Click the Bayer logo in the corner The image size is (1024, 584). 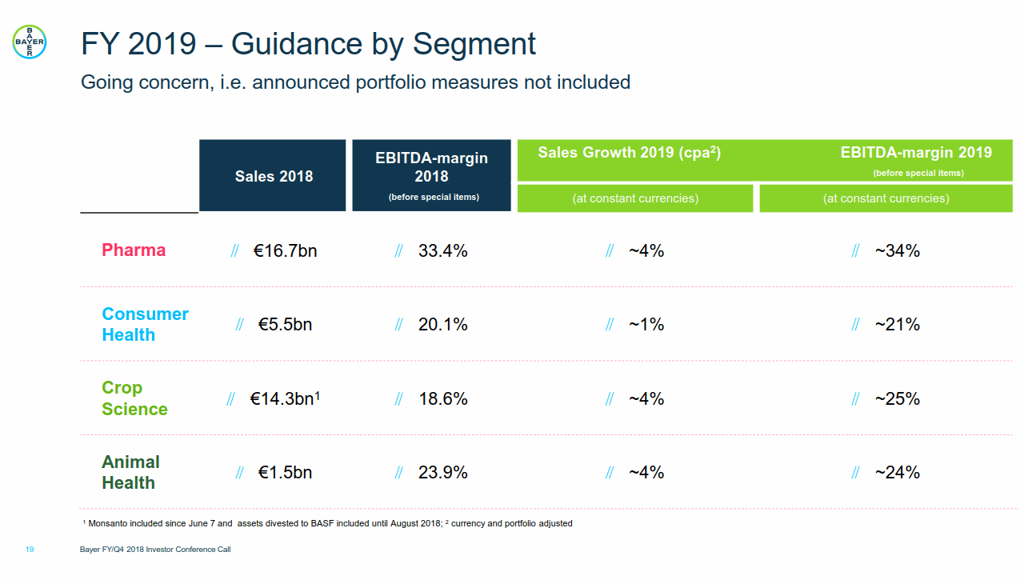click(30, 41)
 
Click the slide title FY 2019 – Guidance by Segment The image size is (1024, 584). click(308, 44)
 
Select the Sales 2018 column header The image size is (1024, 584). click(274, 177)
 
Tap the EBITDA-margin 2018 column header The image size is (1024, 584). click(431, 167)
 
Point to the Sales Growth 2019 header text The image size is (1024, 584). click(629, 153)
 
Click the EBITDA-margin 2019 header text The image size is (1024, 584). click(916, 153)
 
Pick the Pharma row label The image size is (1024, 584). click(134, 250)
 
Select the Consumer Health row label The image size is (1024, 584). click(145, 325)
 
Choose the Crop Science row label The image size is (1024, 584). click(134, 398)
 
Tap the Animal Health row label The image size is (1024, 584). click(130, 473)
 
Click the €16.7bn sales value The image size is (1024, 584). click(285, 251)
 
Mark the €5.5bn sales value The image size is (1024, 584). click(285, 325)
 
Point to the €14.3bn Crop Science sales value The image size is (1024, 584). click(285, 398)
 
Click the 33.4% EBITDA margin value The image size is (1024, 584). click(442, 251)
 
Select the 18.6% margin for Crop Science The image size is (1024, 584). click(442, 398)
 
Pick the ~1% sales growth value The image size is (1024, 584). click(646, 325)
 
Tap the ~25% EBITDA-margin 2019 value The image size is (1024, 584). click(897, 398)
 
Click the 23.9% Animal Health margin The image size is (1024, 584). click(442, 473)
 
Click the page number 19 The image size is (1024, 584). click(30, 550)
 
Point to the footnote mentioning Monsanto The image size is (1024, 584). click(327, 524)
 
